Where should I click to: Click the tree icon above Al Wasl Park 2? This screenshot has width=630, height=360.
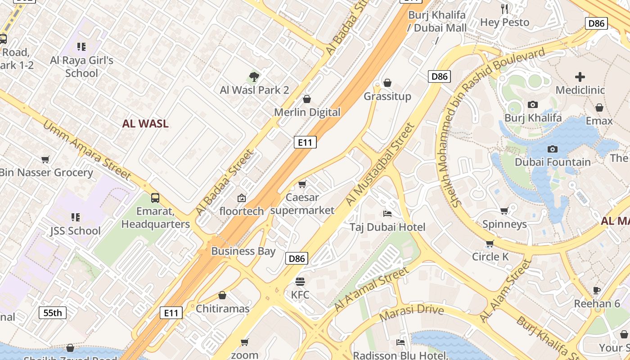pyautogui.click(x=254, y=77)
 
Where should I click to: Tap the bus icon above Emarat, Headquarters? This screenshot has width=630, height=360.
pyautogui.click(x=155, y=198)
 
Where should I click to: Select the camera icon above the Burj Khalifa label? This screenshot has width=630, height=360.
pyautogui.click(x=533, y=105)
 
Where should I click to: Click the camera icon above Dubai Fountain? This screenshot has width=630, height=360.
pyautogui.click(x=553, y=149)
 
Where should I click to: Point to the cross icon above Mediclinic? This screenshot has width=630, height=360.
pyautogui.click(x=580, y=77)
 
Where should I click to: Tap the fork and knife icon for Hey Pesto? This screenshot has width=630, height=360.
pyautogui.click(x=504, y=9)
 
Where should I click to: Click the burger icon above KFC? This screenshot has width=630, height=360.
pyautogui.click(x=300, y=282)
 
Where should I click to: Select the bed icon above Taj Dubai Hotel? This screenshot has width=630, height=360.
pyautogui.click(x=387, y=213)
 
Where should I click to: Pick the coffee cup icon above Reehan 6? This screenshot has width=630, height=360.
pyautogui.click(x=597, y=290)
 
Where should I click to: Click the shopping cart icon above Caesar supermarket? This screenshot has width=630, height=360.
pyautogui.click(x=302, y=184)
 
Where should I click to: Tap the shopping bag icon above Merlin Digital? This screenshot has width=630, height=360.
pyautogui.click(x=307, y=99)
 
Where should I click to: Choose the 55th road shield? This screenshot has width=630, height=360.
pyautogui.click(x=53, y=313)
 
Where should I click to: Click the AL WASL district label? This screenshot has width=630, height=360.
pyautogui.click(x=145, y=124)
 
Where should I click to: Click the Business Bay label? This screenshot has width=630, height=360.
pyautogui.click(x=243, y=251)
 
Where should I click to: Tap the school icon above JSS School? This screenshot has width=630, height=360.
pyautogui.click(x=76, y=217)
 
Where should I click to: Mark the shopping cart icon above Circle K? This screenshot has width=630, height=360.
pyautogui.click(x=490, y=243)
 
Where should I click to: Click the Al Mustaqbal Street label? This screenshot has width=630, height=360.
pyautogui.click(x=380, y=165)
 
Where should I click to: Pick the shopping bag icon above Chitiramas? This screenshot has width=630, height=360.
pyautogui.click(x=222, y=295)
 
